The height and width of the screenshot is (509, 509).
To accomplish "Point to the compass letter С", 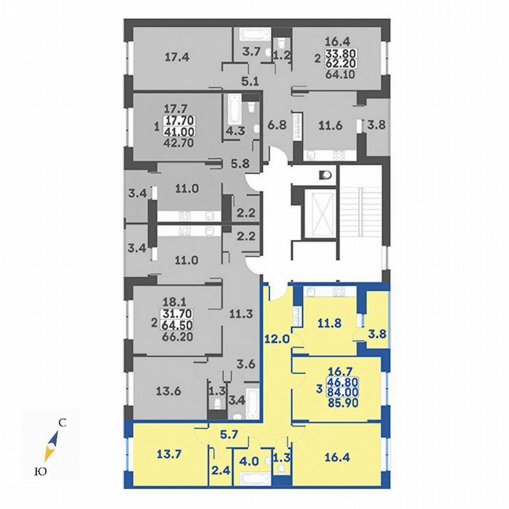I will tap(61, 422).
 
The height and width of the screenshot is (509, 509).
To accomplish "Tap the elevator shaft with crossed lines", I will tap(321, 213).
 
